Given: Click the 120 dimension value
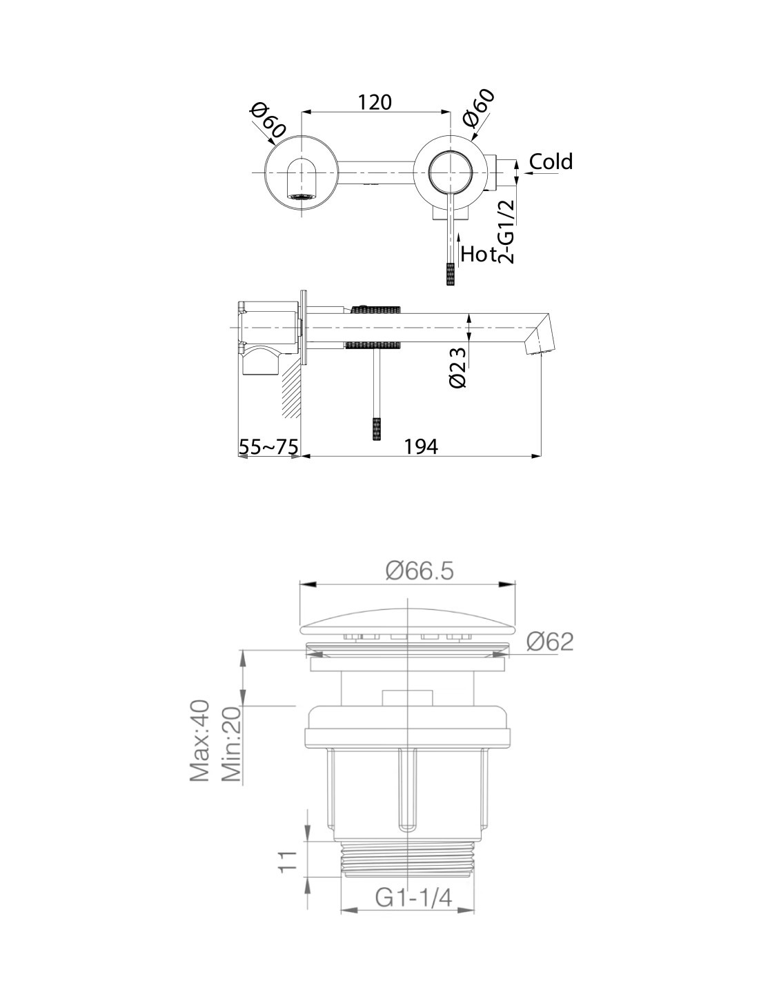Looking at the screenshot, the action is point(375,103).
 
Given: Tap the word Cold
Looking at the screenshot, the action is point(551,161).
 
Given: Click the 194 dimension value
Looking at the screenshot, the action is point(420,447).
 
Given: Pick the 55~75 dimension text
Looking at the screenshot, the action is point(268,447).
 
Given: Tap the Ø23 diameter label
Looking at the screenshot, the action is point(457,367).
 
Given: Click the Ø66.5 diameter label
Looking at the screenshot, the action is point(420,571).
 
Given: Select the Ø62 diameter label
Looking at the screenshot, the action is point(549,641).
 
